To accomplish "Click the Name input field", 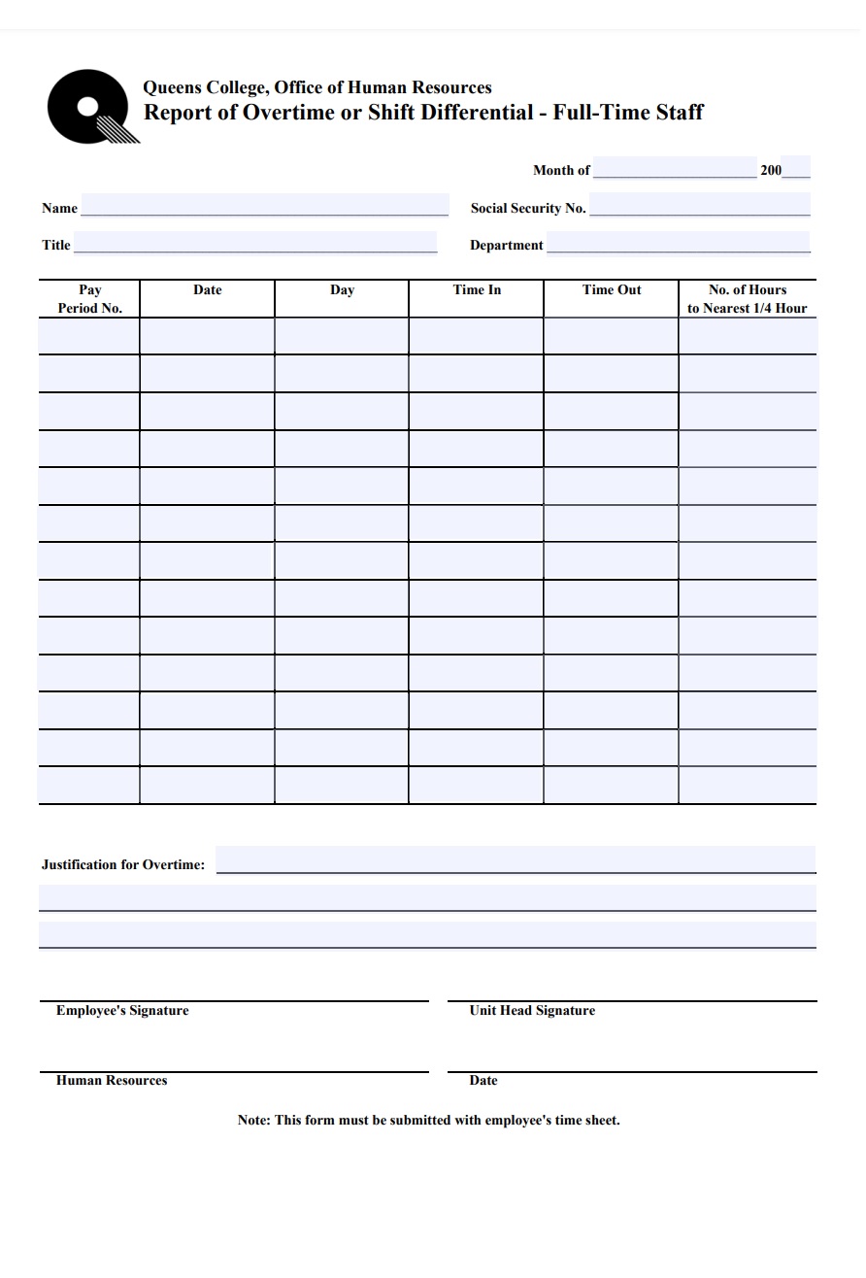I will pos(264,206).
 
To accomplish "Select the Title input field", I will pos(255,243).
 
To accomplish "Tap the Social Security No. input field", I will pos(699,206).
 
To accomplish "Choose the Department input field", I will pos(678,243).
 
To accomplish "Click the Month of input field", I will pos(674,168).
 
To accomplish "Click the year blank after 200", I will pos(795,168).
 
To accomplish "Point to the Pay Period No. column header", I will pos(89,299).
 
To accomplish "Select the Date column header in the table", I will pos(207,290).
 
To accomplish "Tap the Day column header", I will pos(342,290).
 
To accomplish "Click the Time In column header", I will pos(477,290).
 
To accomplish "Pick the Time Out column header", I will pos(612,290).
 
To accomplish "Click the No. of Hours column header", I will pos(748,299).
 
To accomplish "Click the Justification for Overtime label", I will pos(123,864).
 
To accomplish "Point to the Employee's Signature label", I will pos(122,1011).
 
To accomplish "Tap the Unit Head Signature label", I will pos(532,1011).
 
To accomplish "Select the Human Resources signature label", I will pos(112,1081).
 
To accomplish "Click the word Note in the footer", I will pos(253,1121).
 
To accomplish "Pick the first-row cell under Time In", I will pos(476,336).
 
